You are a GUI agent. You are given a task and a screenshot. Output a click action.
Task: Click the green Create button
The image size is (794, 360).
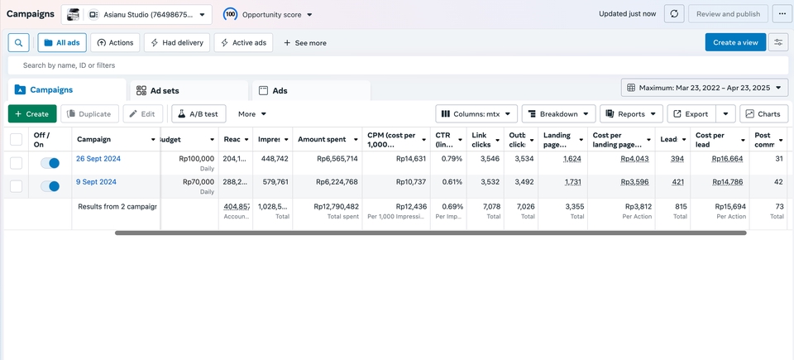[x=32, y=114]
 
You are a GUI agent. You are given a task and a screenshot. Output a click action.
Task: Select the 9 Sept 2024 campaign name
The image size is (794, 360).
[x=96, y=182]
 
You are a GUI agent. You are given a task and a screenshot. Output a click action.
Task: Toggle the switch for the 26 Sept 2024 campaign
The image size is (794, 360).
[x=50, y=164]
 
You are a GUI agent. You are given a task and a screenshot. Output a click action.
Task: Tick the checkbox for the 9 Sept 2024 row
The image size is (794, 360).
[x=17, y=187]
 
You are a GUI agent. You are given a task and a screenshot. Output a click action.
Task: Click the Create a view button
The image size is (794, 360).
[x=735, y=42]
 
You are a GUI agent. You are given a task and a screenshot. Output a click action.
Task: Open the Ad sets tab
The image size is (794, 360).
[x=158, y=91]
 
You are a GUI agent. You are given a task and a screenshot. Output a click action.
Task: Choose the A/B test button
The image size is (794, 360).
[x=198, y=114]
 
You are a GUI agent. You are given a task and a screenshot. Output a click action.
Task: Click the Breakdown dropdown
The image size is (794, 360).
[x=559, y=114]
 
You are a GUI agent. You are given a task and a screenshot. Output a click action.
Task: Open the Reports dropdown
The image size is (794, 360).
[x=632, y=114]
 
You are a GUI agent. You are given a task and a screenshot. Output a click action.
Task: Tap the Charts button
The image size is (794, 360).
[x=762, y=114]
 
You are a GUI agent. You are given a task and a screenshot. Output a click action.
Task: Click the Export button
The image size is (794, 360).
[x=691, y=114]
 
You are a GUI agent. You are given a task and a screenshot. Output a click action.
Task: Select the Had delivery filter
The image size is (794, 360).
[x=176, y=43]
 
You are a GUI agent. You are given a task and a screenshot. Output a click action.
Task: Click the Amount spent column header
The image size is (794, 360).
[x=322, y=139]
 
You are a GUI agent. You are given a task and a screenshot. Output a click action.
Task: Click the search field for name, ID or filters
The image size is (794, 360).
[x=397, y=65]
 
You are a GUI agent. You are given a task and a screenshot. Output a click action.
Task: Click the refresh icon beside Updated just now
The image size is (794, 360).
[x=675, y=14]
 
